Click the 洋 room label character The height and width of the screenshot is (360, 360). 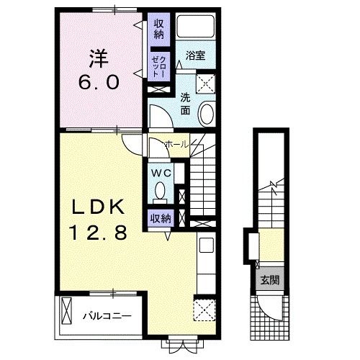(x=99, y=58)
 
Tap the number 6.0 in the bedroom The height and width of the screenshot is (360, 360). (x=99, y=82)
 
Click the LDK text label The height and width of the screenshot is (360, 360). (x=99, y=207)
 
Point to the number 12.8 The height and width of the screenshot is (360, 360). (x=98, y=233)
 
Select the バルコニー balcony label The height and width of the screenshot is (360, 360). (x=107, y=316)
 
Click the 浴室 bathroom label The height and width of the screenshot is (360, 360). (x=196, y=55)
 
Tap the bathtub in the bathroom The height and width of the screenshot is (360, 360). (x=195, y=26)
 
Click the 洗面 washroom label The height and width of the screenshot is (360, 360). (x=185, y=104)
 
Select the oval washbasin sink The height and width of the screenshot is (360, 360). (x=207, y=114)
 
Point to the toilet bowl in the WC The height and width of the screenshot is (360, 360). (x=160, y=192)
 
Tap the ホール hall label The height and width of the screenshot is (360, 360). (x=177, y=144)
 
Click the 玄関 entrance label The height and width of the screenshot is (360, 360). (x=270, y=280)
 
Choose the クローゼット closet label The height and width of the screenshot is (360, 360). (x=159, y=66)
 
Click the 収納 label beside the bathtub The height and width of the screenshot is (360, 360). (x=159, y=29)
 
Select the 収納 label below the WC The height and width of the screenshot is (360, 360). (x=161, y=218)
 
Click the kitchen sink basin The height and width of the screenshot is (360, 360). (x=207, y=245)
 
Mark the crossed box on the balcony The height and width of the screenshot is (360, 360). (x=66, y=311)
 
